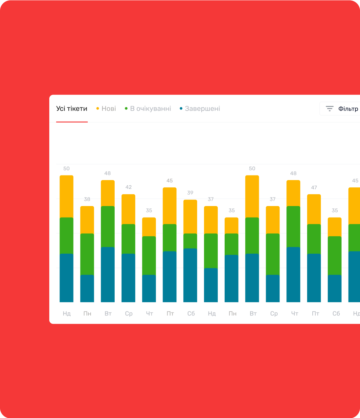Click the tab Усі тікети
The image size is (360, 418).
(72, 109)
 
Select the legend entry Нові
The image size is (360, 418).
(108, 109)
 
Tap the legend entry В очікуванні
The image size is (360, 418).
(150, 109)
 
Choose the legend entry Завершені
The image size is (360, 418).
(202, 109)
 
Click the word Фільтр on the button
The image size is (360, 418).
(348, 109)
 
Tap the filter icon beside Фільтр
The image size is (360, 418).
(329, 109)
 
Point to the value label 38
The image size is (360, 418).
(87, 199)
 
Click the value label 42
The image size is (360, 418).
(128, 187)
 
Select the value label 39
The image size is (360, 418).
(190, 193)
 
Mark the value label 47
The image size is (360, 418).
(314, 188)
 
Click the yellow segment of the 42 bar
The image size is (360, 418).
(128, 209)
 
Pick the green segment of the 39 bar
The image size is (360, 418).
(190, 241)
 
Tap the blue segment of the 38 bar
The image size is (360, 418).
(87, 288)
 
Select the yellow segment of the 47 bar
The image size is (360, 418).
(314, 209)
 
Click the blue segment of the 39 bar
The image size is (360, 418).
(190, 275)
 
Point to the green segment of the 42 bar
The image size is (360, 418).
(128, 239)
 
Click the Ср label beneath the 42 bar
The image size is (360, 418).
(129, 313)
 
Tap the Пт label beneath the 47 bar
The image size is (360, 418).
(315, 313)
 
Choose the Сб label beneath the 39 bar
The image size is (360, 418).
(191, 313)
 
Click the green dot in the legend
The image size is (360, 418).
(126, 108)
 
